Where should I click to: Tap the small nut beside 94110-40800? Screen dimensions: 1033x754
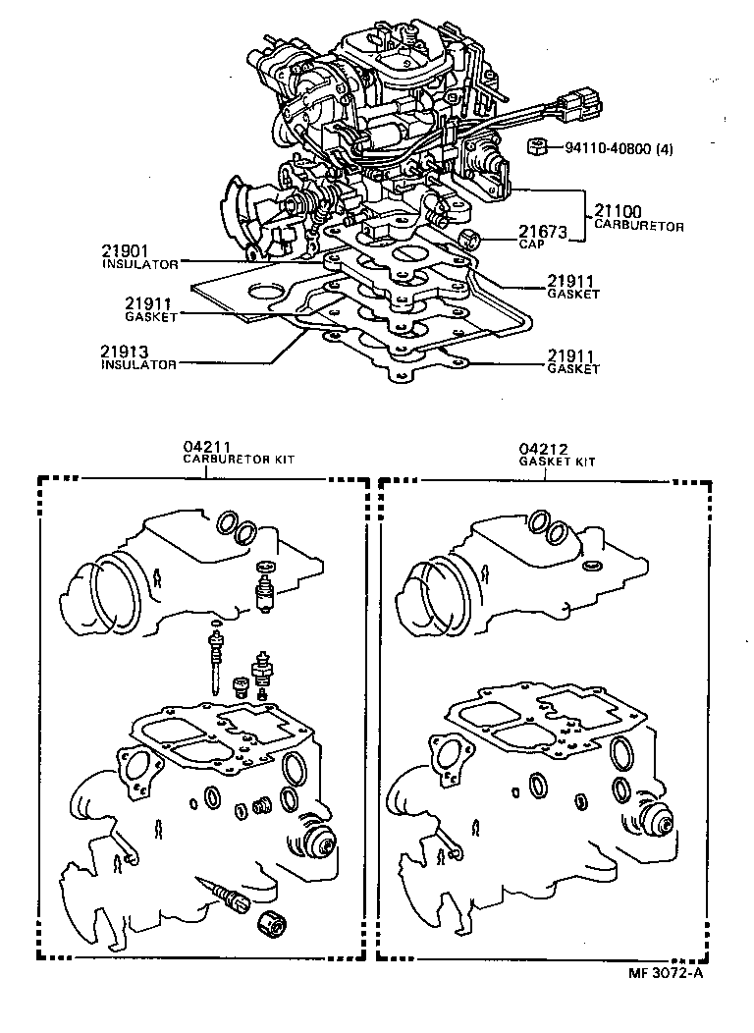[x=537, y=147]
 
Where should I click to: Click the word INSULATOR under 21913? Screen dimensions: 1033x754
[x=138, y=364]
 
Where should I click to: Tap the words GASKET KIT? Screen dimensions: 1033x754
[x=557, y=461]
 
